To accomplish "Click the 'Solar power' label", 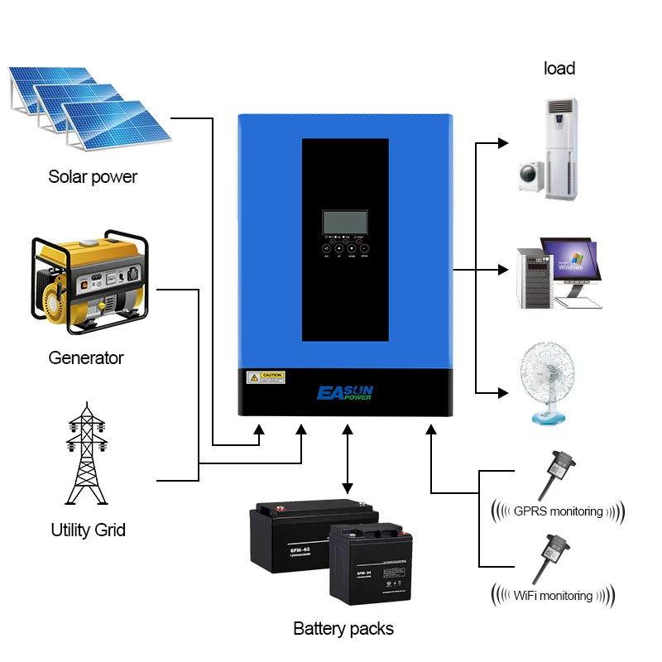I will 93,176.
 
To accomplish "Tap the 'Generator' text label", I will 85,357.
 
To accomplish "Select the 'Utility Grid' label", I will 88,530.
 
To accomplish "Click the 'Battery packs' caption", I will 343,628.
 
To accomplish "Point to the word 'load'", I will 559,68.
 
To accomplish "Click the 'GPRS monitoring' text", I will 558,511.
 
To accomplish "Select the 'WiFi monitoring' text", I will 553,595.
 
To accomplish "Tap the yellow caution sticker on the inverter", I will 266,377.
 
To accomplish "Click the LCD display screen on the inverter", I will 346,222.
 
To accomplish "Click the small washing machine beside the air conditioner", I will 530,175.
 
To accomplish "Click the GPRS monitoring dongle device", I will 553,472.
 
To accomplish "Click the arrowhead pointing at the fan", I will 502,391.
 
